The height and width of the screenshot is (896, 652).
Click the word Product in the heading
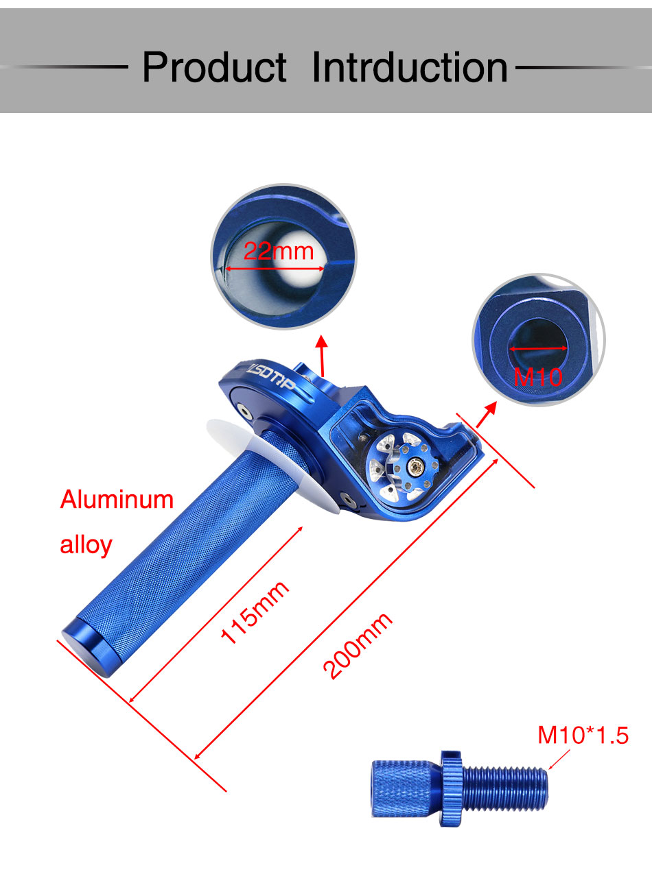point(214,66)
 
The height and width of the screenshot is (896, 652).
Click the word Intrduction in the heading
point(410,66)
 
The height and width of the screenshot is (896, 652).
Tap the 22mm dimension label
point(279,251)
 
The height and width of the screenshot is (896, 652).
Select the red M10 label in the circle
point(538,376)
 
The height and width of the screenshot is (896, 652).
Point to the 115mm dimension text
point(255,612)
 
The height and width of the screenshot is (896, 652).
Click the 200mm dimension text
point(358,646)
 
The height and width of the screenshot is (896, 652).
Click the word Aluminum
point(117,500)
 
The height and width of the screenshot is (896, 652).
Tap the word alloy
point(86,545)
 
